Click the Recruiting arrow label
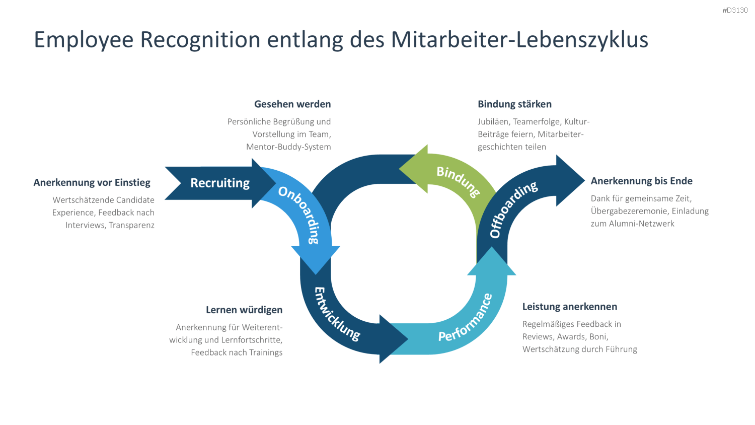(x=220, y=183)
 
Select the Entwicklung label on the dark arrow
(x=336, y=314)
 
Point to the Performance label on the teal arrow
(x=466, y=318)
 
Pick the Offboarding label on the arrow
(x=513, y=209)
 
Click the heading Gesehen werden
(x=292, y=104)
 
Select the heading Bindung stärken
(x=515, y=104)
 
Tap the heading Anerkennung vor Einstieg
(x=92, y=182)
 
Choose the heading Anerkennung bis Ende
(x=642, y=181)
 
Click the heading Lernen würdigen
(x=244, y=310)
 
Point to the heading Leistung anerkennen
(x=570, y=307)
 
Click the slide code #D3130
(x=735, y=10)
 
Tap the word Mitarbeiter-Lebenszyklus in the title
(x=519, y=40)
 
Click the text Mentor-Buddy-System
(x=288, y=147)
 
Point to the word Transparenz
(x=131, y=225)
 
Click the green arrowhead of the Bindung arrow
(x=414, y=169)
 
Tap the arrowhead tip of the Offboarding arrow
(x=585, y=180)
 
